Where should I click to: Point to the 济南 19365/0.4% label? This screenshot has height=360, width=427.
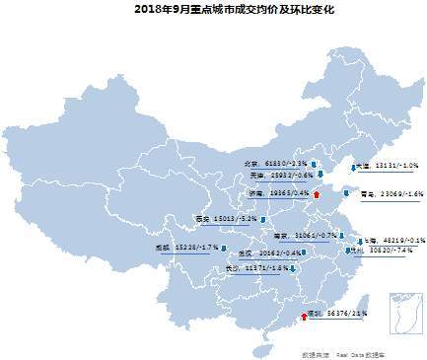tap(282, 193)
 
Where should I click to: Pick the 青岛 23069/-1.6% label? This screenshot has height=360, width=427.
tap(391, 194)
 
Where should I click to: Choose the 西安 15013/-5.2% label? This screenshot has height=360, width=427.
tap(226, 219)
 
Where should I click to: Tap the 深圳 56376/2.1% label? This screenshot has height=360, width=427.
tap(339, 313)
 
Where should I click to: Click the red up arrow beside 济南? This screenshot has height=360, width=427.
tap(317, 194)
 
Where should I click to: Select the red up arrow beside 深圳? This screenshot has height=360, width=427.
tap(302, 315)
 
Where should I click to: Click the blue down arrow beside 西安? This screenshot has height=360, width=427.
tap(262, 219)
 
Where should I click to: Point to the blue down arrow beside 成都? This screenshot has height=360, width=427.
tap(224, 248)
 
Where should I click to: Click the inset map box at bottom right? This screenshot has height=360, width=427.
tap(404, 316)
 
